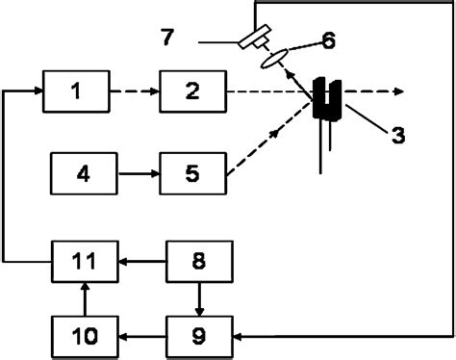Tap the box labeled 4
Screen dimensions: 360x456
(83, 175)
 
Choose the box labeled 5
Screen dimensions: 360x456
(192, 175)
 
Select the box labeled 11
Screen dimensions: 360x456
(83, 259)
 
